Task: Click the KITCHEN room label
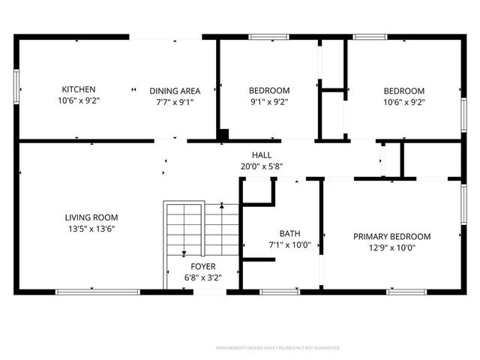(x=78, y=89)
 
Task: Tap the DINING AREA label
(x=174, y=91)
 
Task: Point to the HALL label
(x=262, y=154)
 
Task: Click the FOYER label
(x=203, y=266)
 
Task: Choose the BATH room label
(x=289, y=233)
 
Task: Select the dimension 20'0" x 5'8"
(x=262, y=166)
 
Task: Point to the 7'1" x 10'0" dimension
(x=289, y=244)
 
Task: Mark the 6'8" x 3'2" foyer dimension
(x=203, y=277)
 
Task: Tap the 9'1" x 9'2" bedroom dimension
(x=268, y=102)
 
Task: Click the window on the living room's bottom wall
(x=85, y=291)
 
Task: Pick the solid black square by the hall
(x=223, y=135)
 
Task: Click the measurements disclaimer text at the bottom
(x=278, y=348)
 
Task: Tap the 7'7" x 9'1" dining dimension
(x=174, y=102)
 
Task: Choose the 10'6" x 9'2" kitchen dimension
(x=78, y=100)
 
